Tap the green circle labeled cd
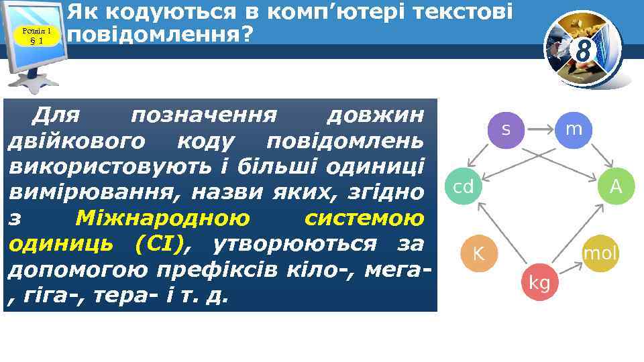464,187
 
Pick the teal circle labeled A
615,187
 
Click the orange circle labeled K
478,253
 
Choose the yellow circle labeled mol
600,253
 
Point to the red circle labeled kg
539,284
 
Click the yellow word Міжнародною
162,218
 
